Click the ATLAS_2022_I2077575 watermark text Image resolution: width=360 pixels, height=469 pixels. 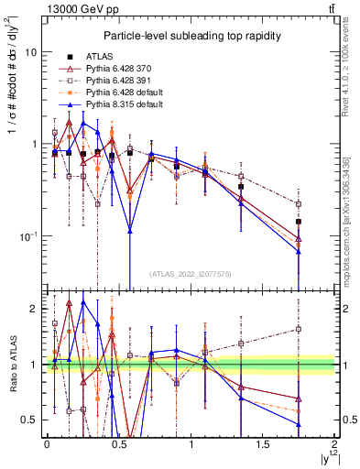pyautogui.click(x=191, y=273)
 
